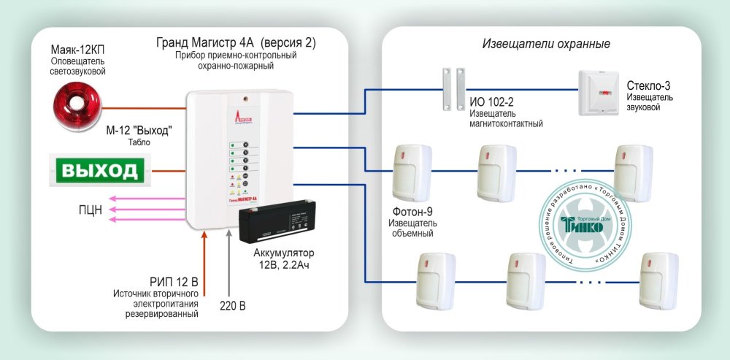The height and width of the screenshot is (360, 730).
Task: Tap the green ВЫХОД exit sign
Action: [99, 171]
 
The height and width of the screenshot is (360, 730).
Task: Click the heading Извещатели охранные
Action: [546, 45]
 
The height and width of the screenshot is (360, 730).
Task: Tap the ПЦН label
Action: [91, 210]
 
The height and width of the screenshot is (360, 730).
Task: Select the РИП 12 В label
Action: [174, 281]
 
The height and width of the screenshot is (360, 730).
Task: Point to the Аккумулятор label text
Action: [289, 253]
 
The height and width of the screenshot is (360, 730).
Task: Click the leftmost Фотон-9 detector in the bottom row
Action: [435, 282]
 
